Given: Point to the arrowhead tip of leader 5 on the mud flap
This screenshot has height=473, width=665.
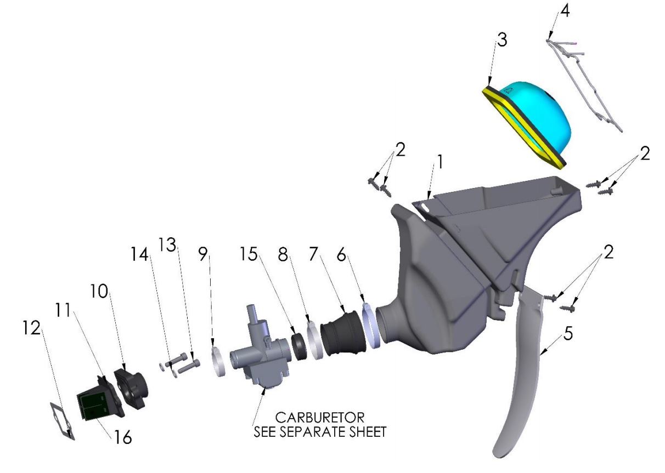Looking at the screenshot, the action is point(540,355).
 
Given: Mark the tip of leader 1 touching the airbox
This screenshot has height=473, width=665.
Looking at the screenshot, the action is point(428,200).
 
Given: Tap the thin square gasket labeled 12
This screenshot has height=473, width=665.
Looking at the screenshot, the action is point(63,421).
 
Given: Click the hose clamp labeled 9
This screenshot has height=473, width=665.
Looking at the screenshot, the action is point(218,362).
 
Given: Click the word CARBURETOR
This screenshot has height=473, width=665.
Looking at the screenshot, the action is point(320,418).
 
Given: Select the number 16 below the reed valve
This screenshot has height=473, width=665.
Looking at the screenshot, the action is point(123,437).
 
